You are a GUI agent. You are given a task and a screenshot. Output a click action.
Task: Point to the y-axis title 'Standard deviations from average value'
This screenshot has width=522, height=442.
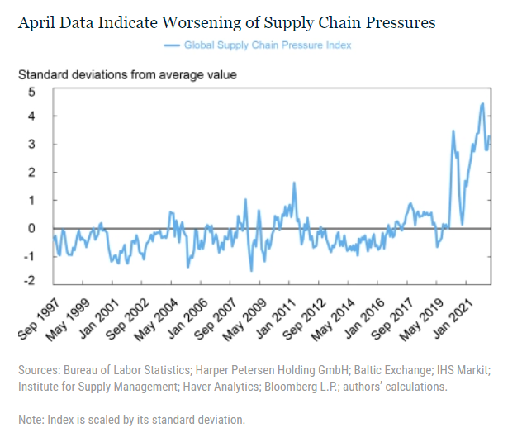click(x=128, y=75)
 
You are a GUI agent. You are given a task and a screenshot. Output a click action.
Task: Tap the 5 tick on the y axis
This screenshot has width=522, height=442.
click(x=31, y=90)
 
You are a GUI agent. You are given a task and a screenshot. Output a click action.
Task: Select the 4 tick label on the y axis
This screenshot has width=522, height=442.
click(x=31, y=116)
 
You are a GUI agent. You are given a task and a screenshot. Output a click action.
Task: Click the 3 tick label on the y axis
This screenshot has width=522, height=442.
click(x=31, y=145)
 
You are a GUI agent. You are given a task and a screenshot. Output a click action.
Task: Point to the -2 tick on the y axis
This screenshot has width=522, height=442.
click(x=30, y=282)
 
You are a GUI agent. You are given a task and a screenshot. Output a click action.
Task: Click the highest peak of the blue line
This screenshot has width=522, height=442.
click(x=482, y=103)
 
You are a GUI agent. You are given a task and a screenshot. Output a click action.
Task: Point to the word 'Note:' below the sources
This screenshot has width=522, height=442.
click(x=32, y=420)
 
